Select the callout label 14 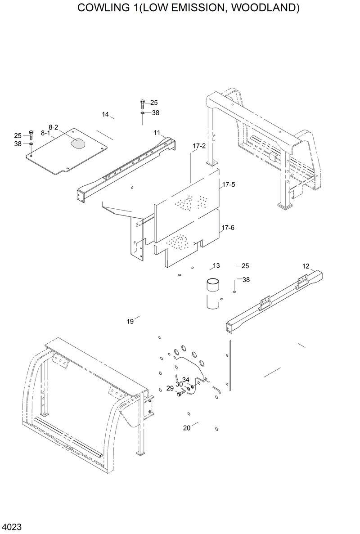point(105,115)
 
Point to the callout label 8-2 point(53,127)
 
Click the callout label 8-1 point(45,133)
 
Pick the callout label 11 point(157,132)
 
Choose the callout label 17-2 point(199,146)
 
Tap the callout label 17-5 point(228,184)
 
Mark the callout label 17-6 point(228,228)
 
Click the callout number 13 point(216,265)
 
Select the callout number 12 point(306,266)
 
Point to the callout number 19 point(130,321)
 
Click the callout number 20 point(187,428)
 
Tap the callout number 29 point(170,388)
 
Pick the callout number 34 point(186,380)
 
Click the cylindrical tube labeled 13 point(212,295)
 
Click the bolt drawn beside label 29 point(180,394)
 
